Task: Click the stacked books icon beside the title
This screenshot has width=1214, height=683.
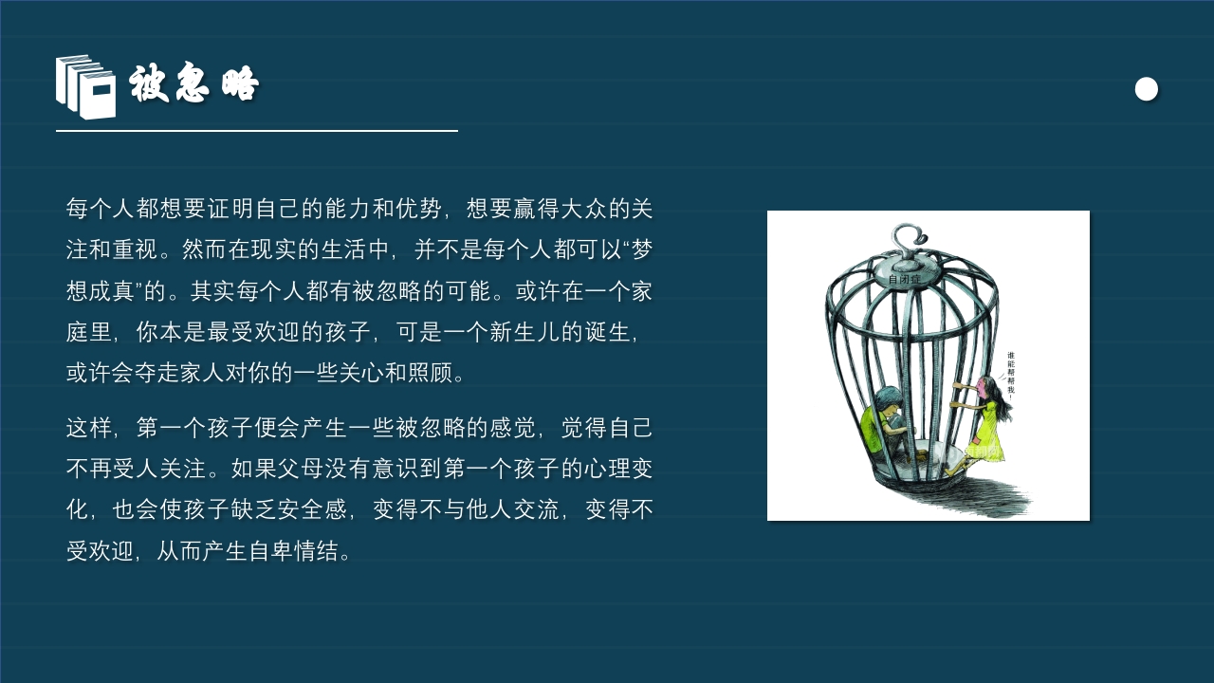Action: pos(85,86)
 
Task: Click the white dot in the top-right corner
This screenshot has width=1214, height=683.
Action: pos(1147,89)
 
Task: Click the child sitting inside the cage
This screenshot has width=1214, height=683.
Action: pos(886,422)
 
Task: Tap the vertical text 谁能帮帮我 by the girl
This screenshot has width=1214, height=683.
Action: pos(1012,375)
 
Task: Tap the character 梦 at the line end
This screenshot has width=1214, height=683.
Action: pos(642,249)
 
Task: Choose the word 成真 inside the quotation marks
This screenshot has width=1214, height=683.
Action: pos(113,291)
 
